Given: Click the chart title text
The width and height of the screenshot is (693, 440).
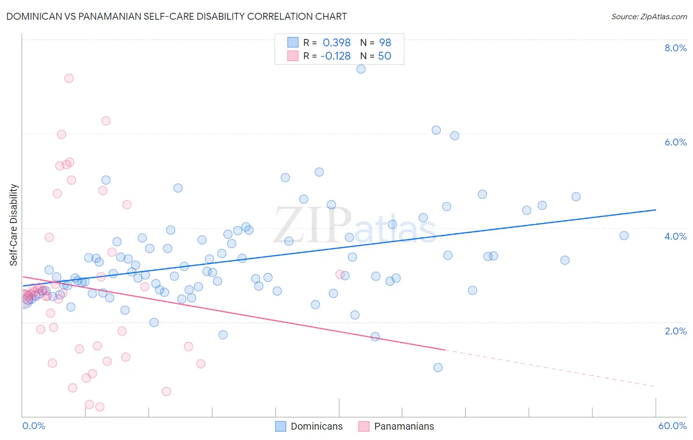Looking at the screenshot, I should pos(176,16).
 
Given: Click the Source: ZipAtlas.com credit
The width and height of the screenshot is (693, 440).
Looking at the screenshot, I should pos(649,16).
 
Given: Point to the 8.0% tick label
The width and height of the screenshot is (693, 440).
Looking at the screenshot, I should pos(675,48).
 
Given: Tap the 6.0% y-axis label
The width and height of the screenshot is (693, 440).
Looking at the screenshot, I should pos(675,142).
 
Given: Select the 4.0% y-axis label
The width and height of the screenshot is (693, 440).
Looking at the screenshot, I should pos(675,236).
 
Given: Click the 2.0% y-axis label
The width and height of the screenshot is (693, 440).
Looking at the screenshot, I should pos(675,331).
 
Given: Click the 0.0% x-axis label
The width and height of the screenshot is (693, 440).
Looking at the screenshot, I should pos(34,426).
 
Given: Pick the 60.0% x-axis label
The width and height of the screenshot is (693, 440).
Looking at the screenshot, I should pos(672,426).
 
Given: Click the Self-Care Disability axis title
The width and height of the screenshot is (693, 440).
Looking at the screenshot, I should pos(14,225).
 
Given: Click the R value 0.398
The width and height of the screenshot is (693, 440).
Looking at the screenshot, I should pos(337,42).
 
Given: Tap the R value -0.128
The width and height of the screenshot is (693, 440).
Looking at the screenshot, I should pos(335,56).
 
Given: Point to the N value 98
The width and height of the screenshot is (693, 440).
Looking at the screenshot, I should pos(385,42).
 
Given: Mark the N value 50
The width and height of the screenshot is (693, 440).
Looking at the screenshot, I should pos(384,56).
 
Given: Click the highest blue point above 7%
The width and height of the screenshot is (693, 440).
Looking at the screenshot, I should pos(361,69).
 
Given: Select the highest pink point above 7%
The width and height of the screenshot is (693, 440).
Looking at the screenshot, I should pos(69,78).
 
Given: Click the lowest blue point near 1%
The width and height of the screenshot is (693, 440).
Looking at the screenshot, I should pos(438,367).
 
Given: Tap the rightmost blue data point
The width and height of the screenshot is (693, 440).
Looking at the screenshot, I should pos(624,236).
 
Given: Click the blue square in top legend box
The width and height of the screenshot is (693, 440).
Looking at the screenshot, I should pos(293,42).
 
